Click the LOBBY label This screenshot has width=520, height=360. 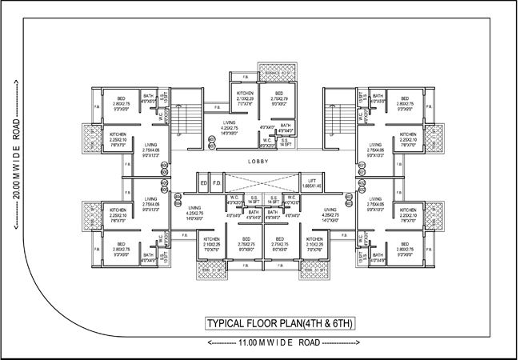coord(258,162)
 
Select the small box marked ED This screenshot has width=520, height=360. coord(204,183)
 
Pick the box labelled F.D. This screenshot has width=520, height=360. coord(216,183)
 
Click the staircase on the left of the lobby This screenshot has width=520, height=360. coord(186,124)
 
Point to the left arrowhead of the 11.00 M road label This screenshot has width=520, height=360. coord(209,342)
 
